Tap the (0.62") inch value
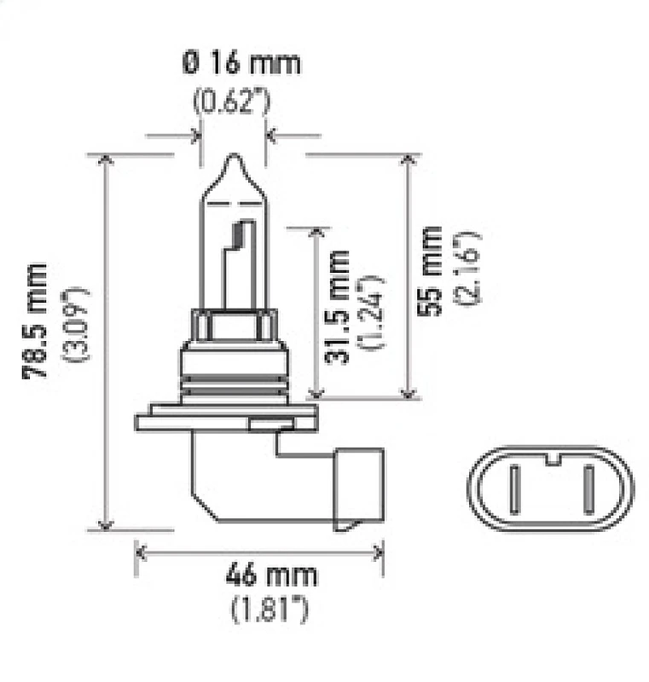tap(231, 102)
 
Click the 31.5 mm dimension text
tap(340, 307)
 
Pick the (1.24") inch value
tap(372, 312)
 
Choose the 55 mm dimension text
tap(433, 271)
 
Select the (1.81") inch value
tap(269, 609)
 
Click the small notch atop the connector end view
tap(551, 460)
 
